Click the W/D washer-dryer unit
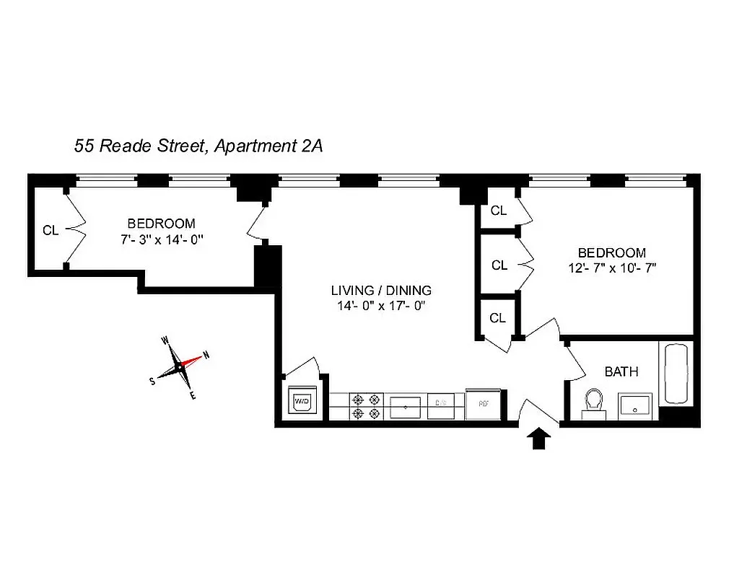[x=300, y=402]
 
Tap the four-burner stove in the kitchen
[x=365, y=405]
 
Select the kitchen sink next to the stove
[x=406, y=406]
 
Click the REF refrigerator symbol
[x=480, y=405]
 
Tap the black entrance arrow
[x=540, y=438]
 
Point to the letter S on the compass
[x=152, y=382]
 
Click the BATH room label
[x=621, y=372]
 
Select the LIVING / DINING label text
[x=381, y=291]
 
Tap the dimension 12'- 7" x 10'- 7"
[x=611, y=267]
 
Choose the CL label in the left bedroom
[x=50, y=231]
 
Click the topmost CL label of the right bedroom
[x=498, y=211]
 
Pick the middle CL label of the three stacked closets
[x=499, y=265]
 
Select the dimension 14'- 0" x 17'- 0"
[x=381, y=305]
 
